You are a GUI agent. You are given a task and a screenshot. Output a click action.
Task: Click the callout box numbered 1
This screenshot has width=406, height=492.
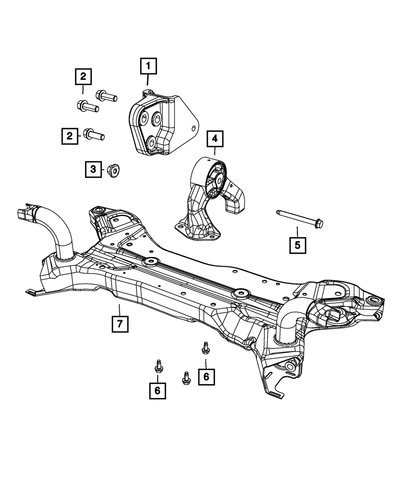tap(148, 66)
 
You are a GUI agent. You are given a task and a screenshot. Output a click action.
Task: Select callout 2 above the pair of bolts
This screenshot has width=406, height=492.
tap(83, 76)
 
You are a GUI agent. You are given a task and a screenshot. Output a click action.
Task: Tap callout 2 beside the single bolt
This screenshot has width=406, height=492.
tap(70, 136)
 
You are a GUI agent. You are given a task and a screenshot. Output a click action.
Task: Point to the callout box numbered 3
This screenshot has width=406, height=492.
tap(93, 169)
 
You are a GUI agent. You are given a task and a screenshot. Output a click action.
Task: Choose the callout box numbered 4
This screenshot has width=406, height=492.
tap(214, 139)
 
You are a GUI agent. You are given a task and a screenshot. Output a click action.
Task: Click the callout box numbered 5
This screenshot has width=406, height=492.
tap(298, 245)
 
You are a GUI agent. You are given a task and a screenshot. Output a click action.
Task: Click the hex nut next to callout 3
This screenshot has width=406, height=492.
tap(114, 170)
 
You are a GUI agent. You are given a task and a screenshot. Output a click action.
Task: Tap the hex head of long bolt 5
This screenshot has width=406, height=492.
tap(319, 223)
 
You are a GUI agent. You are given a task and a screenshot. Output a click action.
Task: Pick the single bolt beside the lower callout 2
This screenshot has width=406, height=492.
tap(94, 134)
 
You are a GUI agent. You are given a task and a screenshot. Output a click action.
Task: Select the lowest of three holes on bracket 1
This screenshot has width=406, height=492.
tap(152, 142)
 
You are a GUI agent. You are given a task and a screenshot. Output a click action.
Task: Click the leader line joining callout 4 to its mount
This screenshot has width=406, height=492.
tap(214, 152)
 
